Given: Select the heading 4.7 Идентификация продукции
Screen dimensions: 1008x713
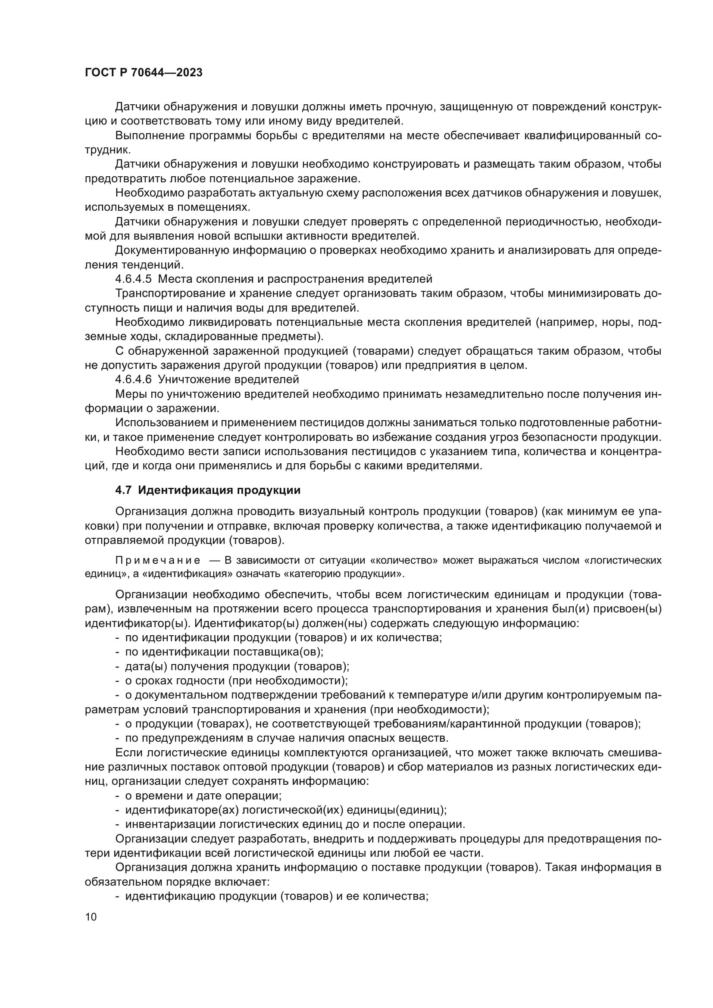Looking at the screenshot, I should tap(208, 490).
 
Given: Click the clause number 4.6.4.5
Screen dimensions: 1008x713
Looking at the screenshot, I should tap(133, 279).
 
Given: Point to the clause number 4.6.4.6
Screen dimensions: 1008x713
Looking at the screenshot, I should tap(133, 379).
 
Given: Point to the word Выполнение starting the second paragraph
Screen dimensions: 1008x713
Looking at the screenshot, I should tap(149, 136).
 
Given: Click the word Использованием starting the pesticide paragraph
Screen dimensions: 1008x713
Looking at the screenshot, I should tap(159, 423).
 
